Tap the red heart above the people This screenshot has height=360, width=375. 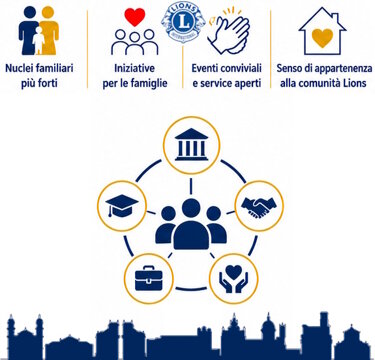coord(135,17)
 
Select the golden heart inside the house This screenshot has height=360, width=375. coord(322,37)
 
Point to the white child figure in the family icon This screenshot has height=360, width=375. coord(39,40)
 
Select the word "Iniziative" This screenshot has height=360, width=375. coord(135,69)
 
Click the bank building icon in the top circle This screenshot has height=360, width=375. coord(191,145)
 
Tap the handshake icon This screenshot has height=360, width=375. coord(259,207)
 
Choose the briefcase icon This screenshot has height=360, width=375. coord(149,278)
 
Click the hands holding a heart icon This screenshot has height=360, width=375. coord(234,279)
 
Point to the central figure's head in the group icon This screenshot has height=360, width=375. coord(191,208)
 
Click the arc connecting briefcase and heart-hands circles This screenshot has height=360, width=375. coord(191,289)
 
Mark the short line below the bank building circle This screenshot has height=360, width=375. coord(191,186)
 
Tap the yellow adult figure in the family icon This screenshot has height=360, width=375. coord(49,31)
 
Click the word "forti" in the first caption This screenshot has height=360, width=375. coord(48,83)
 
